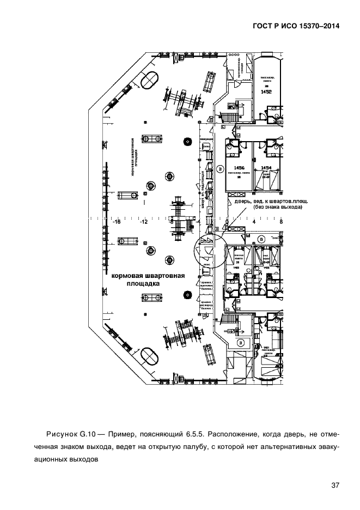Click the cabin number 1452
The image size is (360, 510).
point(266,92)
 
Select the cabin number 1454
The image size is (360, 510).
point(266,168)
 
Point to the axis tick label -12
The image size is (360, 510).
point(143,222)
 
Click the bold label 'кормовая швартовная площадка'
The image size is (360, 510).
point(148,280)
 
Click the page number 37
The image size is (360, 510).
point(334,486)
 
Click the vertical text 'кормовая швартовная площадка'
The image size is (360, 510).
point(133,158)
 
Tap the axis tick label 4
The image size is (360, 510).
point(254,222)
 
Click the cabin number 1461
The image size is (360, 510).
point(266,347)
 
